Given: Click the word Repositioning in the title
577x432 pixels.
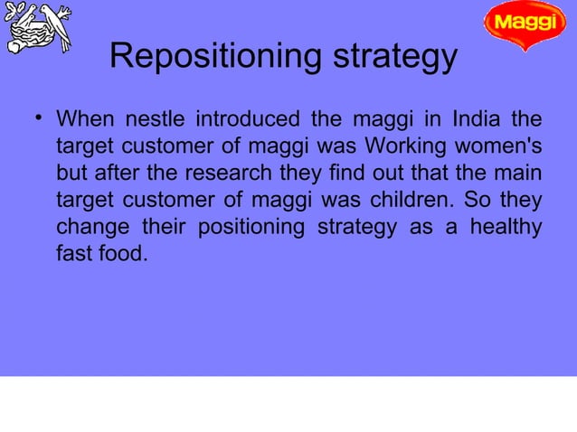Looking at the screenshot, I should [x=193, y=59].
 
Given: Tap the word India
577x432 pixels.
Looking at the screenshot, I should [x=476, y=120].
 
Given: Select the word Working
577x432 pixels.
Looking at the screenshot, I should [x=411, y=146].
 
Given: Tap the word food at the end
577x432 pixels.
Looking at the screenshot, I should [x=122, y=253].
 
